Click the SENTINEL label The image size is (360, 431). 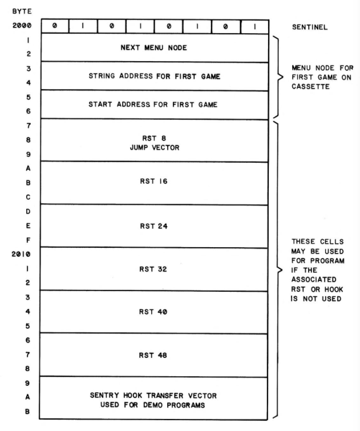click(x=310, y=27)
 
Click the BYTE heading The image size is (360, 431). click(x=22, y=11)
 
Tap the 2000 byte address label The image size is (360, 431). click(x=22, y=26)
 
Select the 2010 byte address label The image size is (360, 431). click(x=21, y=254)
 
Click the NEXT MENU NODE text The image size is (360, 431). click(x=154, y=47)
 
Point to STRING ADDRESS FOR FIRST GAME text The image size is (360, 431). click(x=155, y=76)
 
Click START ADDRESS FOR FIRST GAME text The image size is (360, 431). click(x=153, y=104)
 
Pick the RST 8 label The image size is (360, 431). click(x=154, y=138)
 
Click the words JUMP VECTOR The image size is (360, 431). click(x=155, y=148)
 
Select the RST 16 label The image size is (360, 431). click(x=153, y=181)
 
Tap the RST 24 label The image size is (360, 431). click(x=153, y=226)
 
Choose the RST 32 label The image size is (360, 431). click(x=153, y=269)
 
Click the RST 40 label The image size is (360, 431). click(x=153, y=312)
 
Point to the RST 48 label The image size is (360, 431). click(x=153, y=355)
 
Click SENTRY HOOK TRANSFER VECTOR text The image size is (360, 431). click(x=153, y=396)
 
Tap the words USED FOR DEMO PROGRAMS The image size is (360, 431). click(x=152, y=405)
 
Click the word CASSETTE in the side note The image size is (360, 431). click(x=310, y=87)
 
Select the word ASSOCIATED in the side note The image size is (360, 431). click(x=314, y=280)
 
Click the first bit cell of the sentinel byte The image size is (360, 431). click(x=55, y=26)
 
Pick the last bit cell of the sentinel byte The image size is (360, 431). click(x=255, y=27)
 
